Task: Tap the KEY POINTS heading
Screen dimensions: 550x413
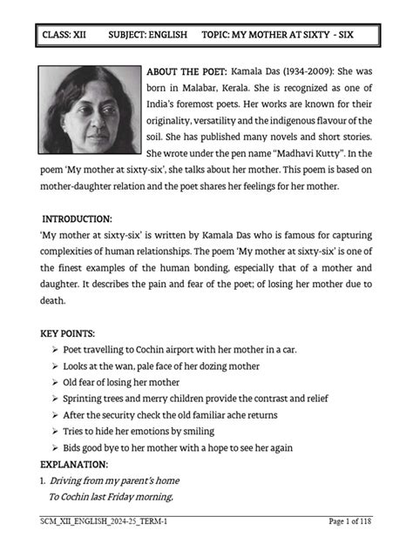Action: [72, 333]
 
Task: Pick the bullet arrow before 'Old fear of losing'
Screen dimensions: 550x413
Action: [55, 382]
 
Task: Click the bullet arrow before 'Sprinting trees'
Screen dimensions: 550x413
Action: [55, 399]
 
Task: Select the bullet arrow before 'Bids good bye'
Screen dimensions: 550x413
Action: [55, 448]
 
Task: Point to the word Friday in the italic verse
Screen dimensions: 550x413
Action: [130, 497]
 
